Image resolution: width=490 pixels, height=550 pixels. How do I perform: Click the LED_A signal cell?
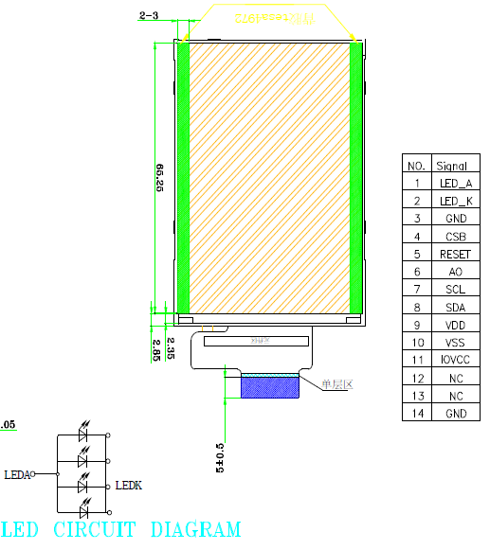(x=455, y=183)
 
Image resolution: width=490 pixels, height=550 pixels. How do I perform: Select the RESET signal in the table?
(x=455, y=254)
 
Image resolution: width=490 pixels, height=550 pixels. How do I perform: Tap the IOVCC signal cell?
(x=455, y=360)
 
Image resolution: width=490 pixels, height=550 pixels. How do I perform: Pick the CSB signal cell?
(x=455, y=236)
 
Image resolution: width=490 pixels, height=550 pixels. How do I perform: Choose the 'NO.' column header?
(x=416, y=165)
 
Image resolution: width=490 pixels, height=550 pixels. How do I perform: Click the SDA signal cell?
(x=455, y=307)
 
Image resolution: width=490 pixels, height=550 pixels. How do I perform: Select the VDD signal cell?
(x=455, y=325)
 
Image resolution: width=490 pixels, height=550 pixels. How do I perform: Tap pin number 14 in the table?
(x=416, y=413)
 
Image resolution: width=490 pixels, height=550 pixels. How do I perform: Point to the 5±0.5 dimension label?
(x=221, y=456)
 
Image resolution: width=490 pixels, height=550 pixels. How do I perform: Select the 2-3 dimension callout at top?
(x=150, y=16)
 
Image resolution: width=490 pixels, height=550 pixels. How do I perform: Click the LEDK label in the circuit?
(x=128, y=486)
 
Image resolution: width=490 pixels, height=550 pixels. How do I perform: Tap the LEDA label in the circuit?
(x=16, y=474)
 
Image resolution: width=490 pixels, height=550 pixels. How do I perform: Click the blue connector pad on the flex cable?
(x=269, y=387)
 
